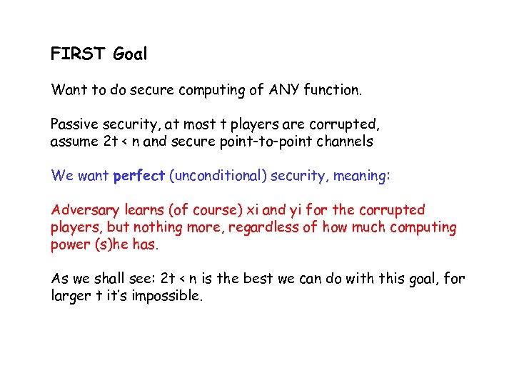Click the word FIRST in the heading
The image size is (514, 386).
[78, 54]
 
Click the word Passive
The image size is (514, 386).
[76, 124]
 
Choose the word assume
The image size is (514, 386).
[74, 142]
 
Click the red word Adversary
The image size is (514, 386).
[81, 210]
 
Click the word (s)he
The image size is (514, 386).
[132, 244]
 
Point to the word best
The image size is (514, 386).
[262, 279]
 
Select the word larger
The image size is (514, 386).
[70, 296]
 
